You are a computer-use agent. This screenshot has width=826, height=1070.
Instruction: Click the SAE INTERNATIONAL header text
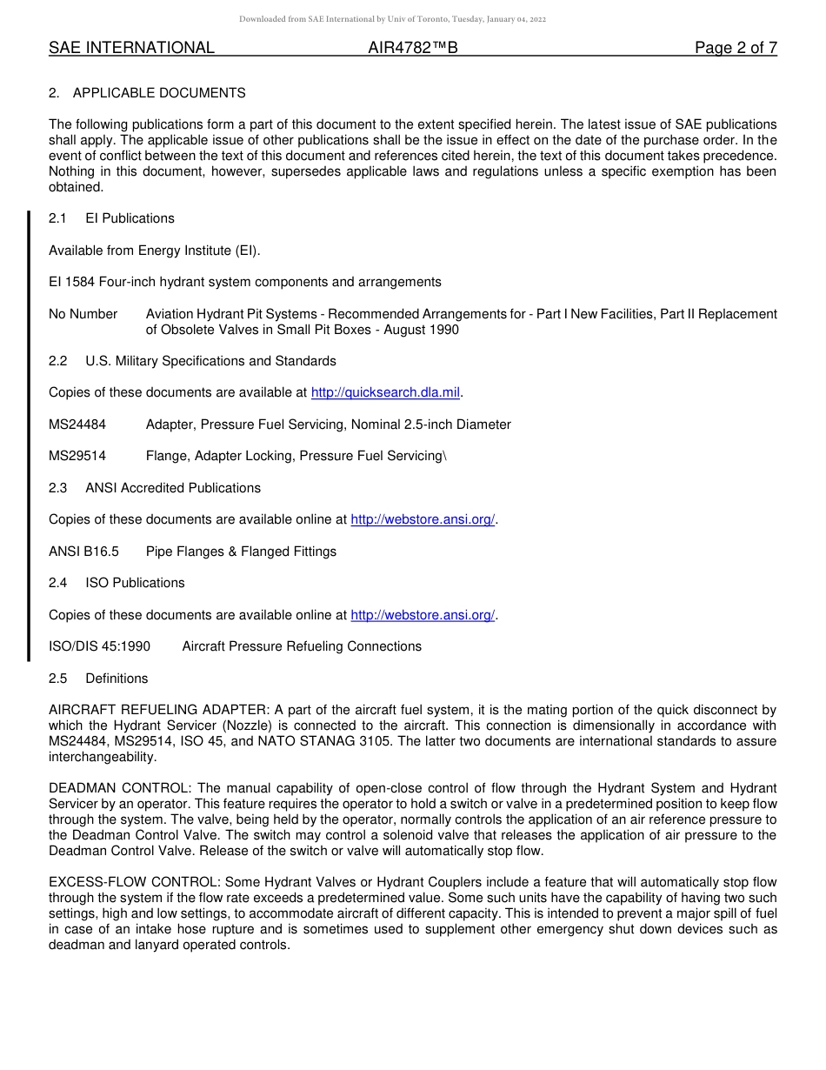pyautogui.click(x=131, y=48)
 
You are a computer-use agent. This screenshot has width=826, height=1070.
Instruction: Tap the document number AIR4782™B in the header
pyautogui.click(x=413, y=48)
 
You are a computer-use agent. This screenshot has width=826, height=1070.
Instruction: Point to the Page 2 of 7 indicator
pyautogui.click(x=736, y=48)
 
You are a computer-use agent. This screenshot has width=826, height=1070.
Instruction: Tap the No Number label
pyautogui.click(x=83, y=314)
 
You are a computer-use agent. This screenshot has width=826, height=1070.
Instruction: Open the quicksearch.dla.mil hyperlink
pyautogui.click(x=385, y=393)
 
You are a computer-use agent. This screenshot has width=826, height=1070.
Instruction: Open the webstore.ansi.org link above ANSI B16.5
pyautogui.click(x=423, y=520)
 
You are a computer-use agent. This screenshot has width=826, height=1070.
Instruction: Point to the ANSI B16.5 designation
pyautogui.click(x=83, y=552)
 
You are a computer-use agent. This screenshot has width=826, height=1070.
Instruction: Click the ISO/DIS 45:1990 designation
pyautogui.click(x=100, y=646)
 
